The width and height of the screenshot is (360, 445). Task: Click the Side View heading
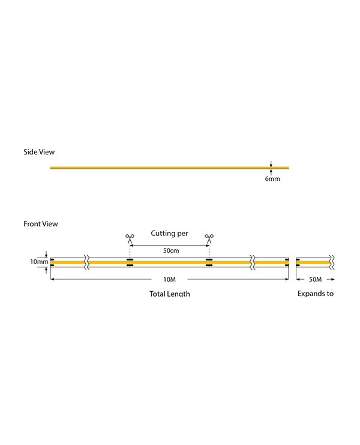coord(39,152)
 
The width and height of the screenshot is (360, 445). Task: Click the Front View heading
coord(41,224)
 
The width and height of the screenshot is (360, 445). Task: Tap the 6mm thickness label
coord(272,179)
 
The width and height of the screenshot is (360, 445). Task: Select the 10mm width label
coord(39,262)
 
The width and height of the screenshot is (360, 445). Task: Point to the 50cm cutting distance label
coord(171,250)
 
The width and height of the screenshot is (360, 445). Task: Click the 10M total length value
coord(169,279)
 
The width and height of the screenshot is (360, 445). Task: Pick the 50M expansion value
coord(315,279)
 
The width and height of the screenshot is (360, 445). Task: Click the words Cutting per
coord(170,234)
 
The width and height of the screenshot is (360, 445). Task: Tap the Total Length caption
coord(170,294)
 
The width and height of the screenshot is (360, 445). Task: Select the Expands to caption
coord(316,294)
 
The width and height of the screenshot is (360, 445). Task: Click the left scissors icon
coord(130,238)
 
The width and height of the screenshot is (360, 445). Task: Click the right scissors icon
coord(209,238)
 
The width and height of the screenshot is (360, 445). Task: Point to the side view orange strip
coord(170,168)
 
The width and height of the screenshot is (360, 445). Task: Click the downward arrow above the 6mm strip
coord(271,164)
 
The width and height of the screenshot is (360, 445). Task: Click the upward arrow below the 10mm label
coord(46,270)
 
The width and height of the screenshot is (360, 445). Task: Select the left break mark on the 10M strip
coord(87,262)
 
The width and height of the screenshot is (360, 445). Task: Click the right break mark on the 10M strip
coord(253,262)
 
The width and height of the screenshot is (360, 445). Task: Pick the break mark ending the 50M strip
coord(332,262)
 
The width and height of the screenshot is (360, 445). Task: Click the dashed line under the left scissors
coord(130,250)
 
